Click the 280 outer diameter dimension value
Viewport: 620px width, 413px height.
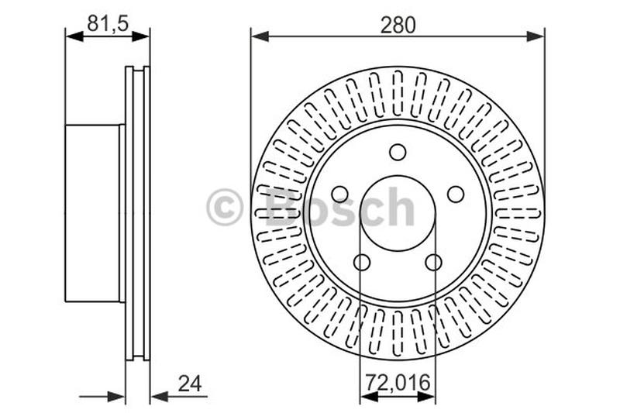coord(398,25)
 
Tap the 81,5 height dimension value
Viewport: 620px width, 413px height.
coord(107,23)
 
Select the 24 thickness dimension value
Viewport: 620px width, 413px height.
coord(188,384)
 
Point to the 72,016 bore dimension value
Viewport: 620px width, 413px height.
coord(398,383)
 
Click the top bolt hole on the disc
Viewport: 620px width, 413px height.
coord(398,152)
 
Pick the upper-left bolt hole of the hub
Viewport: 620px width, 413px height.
coord(339,194)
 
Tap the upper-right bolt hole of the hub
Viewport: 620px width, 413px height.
coord(456,194)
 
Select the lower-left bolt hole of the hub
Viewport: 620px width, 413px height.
coord(362,262)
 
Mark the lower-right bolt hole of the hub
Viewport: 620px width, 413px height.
coord(433,262)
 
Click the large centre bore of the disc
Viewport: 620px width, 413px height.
coord(398,212)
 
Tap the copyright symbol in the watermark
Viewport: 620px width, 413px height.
coord(225,208)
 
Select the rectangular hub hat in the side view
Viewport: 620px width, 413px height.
coord(93,212)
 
